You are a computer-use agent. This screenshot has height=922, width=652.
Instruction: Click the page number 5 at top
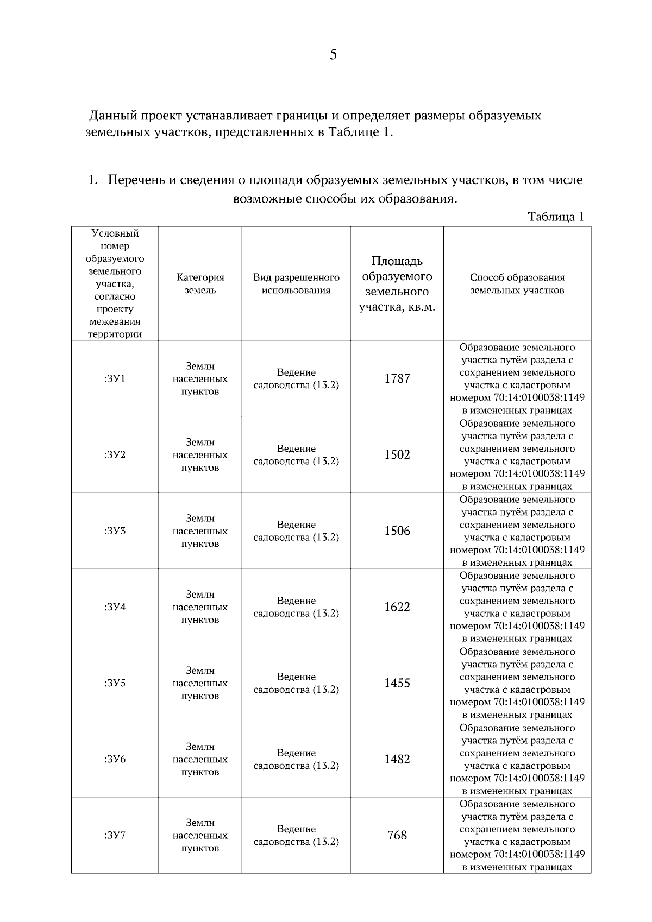[x=333, y=54]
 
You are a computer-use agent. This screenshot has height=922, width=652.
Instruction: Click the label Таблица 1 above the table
[x=555, y=217]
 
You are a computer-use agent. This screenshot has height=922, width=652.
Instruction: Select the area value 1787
[x=397, y=378]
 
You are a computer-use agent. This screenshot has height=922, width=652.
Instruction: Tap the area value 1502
[x=397, y=454]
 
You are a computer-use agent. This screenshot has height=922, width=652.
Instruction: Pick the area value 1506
[x=397, y=531]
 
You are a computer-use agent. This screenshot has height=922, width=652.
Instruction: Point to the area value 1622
[x=397, y=607]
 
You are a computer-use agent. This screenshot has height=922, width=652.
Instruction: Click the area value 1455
[x=397, y=683]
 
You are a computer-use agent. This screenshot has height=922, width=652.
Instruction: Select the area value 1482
[x=397, y=759]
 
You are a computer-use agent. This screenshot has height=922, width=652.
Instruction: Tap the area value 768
[x=397, y=835]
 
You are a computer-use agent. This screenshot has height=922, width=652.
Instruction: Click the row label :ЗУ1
[x=115, y=378]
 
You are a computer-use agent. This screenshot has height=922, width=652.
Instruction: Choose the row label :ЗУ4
[x=115, y=607]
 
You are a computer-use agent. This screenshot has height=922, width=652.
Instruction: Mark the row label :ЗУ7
[x=115, y=835]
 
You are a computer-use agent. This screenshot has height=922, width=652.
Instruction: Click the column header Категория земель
[x=200, y=283]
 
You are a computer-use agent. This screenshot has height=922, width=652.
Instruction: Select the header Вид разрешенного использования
[x=296, y=283]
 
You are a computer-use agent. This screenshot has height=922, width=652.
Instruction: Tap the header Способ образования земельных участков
[x=517, y=283]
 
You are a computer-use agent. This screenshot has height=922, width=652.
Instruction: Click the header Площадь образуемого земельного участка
[x=397, y=283]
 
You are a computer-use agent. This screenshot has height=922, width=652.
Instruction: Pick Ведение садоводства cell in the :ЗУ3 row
[x=296, y=531]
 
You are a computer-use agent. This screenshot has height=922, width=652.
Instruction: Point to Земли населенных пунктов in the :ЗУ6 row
[x=200, y=759]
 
